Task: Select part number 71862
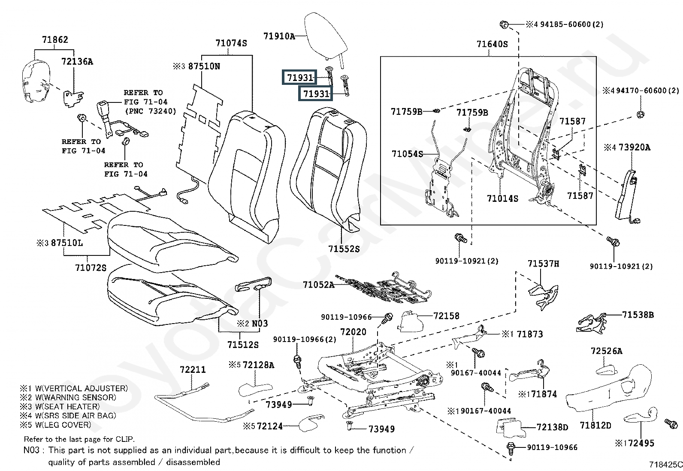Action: [55, 40]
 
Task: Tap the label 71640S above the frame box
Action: [492, 44]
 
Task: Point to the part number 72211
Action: [193, 369]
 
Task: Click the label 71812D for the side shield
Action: [595, 425]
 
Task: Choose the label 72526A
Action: [606, 351]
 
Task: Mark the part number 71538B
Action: [638, 315]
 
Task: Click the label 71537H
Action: [543, 264]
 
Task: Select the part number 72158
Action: [446, 316]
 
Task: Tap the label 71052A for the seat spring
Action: [318, 285]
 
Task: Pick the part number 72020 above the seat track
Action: [353, 332]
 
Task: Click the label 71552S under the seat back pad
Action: [344, 249]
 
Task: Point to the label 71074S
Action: [231, 43]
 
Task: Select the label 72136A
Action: [77, 61]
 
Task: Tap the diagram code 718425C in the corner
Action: [665, 464]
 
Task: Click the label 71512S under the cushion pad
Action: [243, 345]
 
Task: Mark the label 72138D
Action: [552, 427]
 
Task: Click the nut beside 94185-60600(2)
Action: [505, 24]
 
